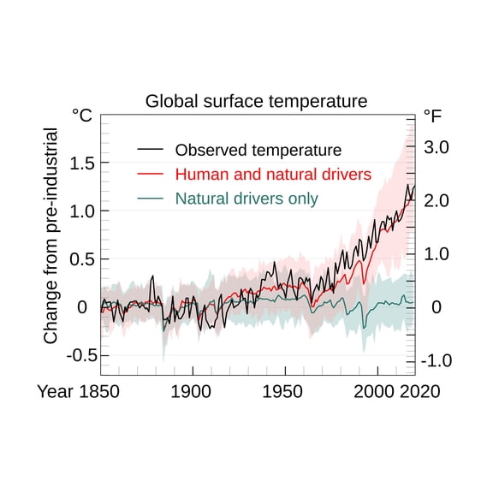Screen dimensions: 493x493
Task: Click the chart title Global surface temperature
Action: click(256, 101)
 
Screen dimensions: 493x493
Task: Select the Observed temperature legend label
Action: click(258, 150)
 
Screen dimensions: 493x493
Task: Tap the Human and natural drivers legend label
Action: click(273, 174)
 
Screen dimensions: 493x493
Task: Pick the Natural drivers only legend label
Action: click(246, 199)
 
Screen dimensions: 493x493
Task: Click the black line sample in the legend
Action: click(150, 150)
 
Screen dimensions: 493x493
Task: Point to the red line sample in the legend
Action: click(150, 174)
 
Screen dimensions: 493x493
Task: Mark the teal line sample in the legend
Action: click(150, 199)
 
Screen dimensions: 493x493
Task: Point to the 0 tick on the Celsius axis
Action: click(83, 306)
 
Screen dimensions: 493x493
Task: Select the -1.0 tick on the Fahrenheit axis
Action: click(435, 360)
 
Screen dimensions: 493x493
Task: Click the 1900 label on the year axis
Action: click(192, 391)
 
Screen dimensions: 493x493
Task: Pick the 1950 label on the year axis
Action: click(283, 391)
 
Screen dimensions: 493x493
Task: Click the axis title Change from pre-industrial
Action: click(50, 236)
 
